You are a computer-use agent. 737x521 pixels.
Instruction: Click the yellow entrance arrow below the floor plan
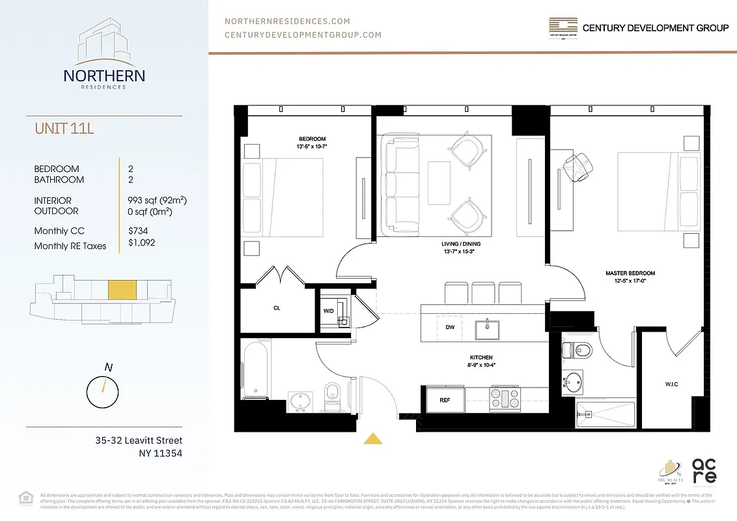point(373,439)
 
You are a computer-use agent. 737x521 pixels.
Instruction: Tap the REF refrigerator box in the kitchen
point(445,400)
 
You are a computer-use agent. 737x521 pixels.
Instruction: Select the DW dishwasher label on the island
point(450,328)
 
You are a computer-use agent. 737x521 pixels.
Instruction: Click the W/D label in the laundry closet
point(328,311)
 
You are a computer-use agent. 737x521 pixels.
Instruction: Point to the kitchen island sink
point(486,330)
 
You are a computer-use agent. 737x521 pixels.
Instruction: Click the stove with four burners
point(505,399)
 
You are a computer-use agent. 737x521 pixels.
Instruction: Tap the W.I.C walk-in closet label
point(671,384)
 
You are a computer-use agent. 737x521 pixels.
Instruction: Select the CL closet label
point(277,308)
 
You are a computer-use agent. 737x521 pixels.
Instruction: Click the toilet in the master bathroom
point(577,350)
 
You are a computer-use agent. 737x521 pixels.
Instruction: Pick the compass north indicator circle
point(103,392)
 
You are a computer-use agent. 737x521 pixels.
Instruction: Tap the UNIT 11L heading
point(64,128)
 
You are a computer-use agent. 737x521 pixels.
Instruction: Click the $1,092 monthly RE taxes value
point(142,242)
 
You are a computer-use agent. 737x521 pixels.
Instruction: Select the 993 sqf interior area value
point(160,201)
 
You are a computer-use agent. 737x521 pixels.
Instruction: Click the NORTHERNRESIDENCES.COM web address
point(287,21)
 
